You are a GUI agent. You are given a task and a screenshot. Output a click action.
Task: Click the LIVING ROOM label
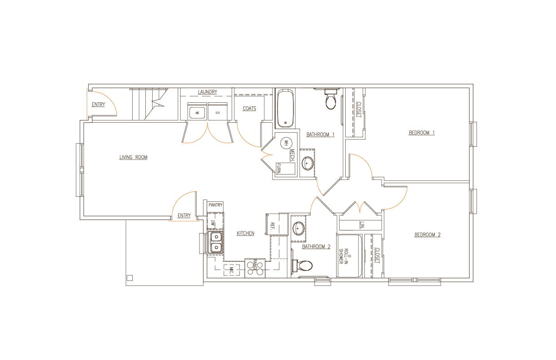(x=133, y=157)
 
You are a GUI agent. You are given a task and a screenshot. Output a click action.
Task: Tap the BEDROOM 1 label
(x=422, y=133)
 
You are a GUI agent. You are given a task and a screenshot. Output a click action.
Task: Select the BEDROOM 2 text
(x=427, y=235)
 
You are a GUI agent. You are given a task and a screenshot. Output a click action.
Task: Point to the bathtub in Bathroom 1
(x=285, y=108)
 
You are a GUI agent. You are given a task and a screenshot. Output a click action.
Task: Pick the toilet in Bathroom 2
(x=303, y=265)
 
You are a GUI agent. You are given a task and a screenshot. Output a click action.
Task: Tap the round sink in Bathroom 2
(x=298, y=228)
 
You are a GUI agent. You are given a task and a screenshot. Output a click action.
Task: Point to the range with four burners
(x=254, y=269)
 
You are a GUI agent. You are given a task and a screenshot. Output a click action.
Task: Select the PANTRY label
(x=215, y=205)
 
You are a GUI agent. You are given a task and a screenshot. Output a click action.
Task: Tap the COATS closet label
(x=249, y=109)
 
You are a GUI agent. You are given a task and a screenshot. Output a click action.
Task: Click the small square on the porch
(x=129, y=278)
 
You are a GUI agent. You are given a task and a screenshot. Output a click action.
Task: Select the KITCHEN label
(x=245, y=233)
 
